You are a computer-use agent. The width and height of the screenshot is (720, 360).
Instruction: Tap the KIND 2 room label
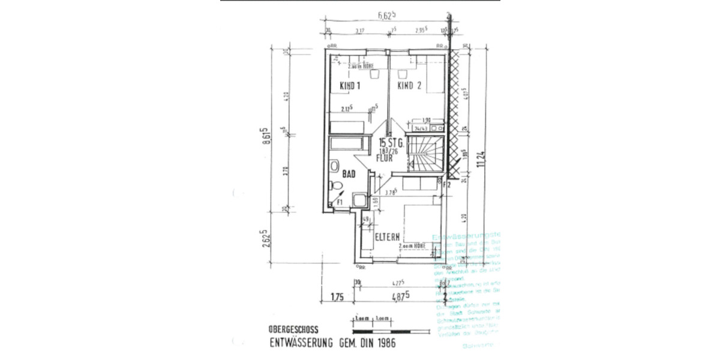[x=410, y=86]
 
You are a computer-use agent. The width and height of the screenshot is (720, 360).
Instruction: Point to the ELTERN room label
[x=388, y=237]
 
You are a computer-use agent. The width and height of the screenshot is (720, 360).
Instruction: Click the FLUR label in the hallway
[x=384, y=160]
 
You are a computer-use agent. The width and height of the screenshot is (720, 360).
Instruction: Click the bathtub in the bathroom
[x=348, y=144]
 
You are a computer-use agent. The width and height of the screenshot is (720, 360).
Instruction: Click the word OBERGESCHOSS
[x=294, y=329]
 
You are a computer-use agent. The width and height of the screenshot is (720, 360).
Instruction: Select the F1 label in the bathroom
[x=339, y=203]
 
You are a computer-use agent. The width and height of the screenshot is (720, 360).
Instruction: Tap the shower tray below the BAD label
[x=358, y=200]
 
